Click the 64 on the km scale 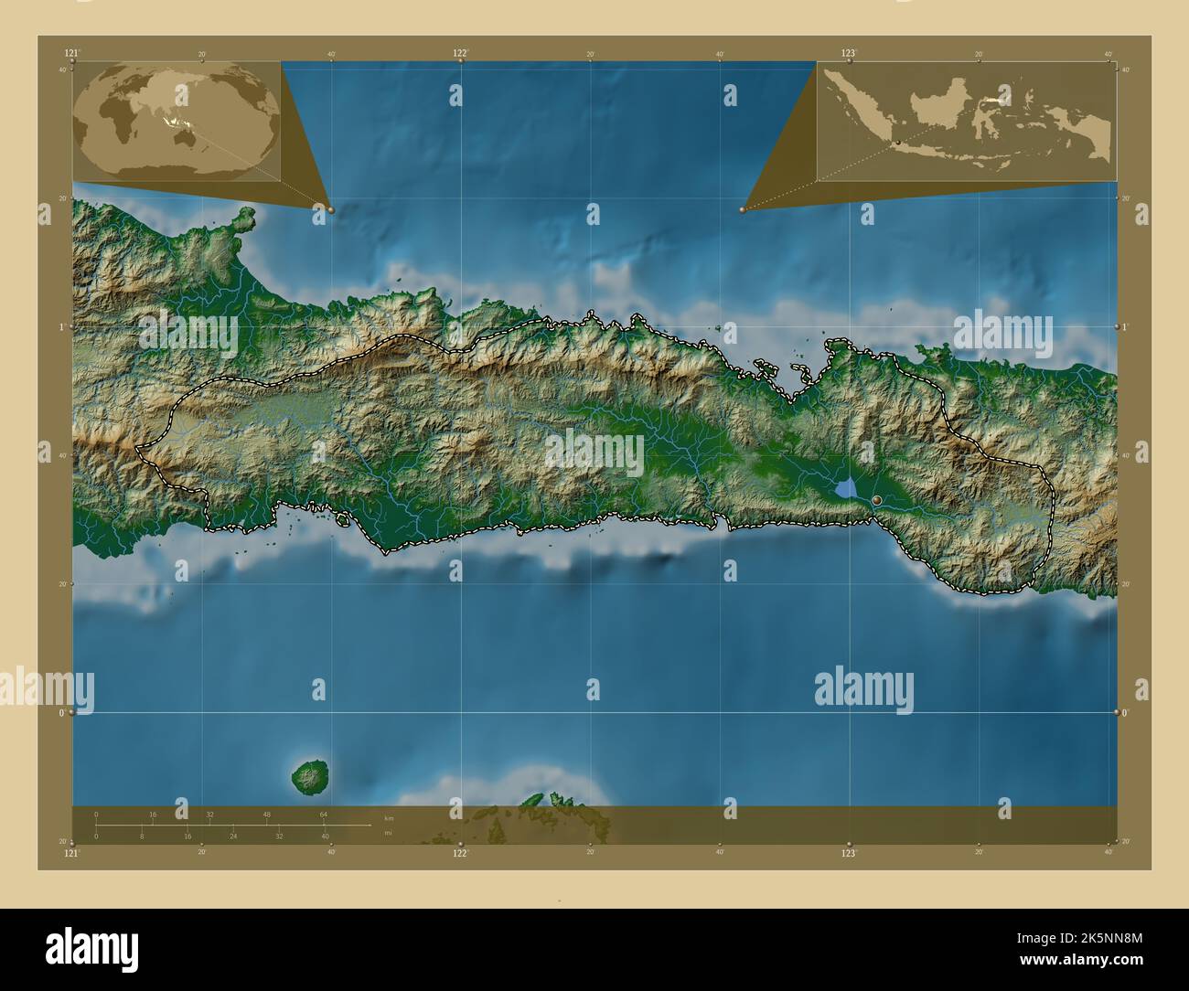323,814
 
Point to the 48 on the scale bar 266,814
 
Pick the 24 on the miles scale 233,836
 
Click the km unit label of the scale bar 389,817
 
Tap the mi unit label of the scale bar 388,833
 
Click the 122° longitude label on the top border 461,53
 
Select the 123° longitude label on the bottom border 850,853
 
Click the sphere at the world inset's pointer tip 330,209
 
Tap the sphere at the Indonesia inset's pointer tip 743,209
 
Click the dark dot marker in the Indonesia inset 898,142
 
